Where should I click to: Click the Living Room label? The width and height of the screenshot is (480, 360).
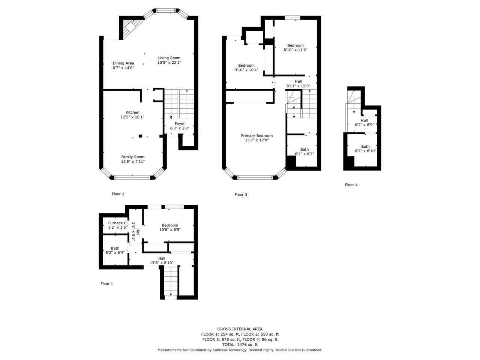coord(169,58)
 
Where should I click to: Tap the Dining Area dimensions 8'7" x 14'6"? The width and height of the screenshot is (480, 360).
coord(123,68)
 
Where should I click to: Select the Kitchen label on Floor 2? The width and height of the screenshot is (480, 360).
coord(132,112)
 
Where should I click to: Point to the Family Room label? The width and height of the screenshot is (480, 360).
coord(133,157)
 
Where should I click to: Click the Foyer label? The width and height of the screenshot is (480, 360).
coord(180,124)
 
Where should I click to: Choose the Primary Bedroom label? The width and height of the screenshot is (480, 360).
coord(257,136)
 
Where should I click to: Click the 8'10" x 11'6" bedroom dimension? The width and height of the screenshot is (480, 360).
coord(295,50)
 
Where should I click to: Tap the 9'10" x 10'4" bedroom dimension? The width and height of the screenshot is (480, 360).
coord(246,70)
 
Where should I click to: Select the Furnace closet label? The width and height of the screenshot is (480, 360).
coord(118,223)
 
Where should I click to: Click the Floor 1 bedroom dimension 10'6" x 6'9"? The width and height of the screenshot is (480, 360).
coord(170,229)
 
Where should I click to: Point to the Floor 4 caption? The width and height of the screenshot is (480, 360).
coord(351,185)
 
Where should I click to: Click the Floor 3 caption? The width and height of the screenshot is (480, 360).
coord(241,195)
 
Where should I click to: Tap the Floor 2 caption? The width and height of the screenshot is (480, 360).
coord(118,194)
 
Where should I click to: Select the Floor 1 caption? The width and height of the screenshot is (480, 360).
coord(107,284)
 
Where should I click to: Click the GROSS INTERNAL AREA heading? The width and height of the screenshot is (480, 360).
coord(240,329)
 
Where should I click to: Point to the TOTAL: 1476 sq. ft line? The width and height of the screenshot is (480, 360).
coord(240,345)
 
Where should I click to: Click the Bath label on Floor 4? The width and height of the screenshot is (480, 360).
coord(365,147)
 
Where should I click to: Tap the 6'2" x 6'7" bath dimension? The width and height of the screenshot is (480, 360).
coord(304,154)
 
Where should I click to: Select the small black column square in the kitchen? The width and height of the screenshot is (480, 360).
coord(140,136)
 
